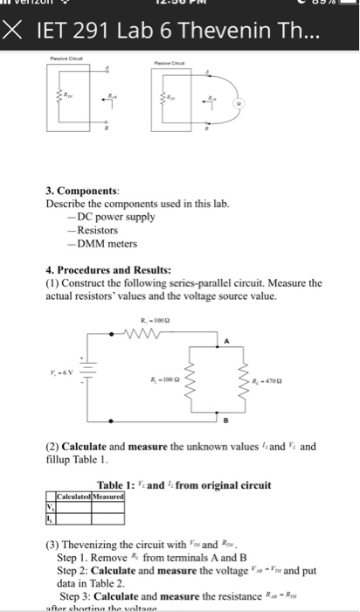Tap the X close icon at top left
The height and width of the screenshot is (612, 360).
click(x=11, y=35)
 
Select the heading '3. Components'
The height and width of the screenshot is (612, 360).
click(x=85, y=189)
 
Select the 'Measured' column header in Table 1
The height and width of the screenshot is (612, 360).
click(x=112, y=496)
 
